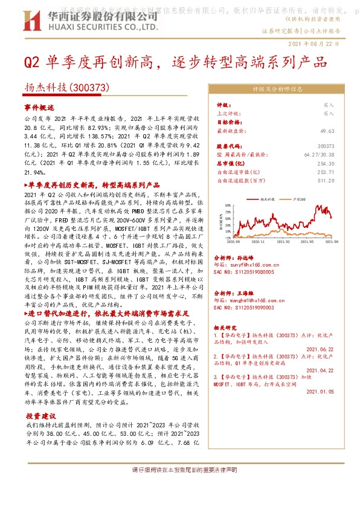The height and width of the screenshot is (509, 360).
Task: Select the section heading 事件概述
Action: [39, 106]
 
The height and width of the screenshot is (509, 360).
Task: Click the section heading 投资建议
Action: [41, 416]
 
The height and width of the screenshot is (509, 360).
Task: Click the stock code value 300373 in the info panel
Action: [326, 146]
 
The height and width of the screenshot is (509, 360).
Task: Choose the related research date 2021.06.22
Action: [320, 348]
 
